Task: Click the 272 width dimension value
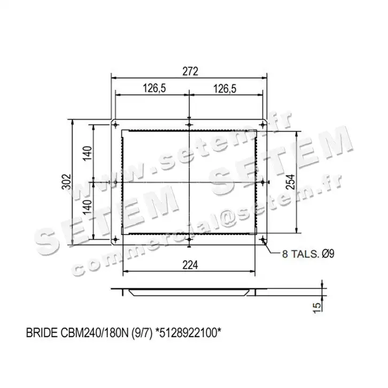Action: click(190, 72)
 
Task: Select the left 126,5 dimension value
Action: click(154, 88)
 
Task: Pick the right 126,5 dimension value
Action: click(225, 88)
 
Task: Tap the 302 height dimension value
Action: click(66, 182)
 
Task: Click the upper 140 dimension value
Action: click(87, 153)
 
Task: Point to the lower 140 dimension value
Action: click(87, 207)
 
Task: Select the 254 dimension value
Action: click(291, 182)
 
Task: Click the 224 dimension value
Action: click(190, 265)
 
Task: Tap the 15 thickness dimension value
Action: click(317, 308)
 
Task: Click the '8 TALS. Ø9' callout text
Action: click(308, 254)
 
